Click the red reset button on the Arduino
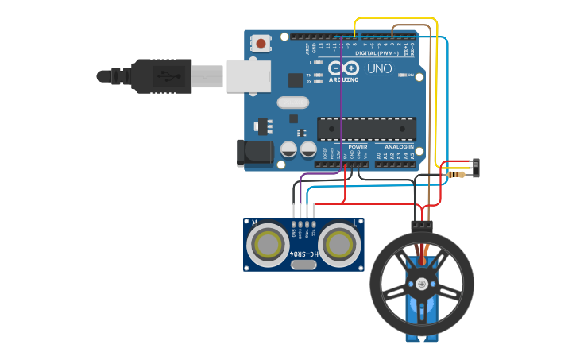click(x=261, y=43)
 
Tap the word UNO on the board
click(x=380, y=68)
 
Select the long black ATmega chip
click(x=366, y=128)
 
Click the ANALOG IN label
click(x=399, y=147)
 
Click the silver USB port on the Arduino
click(x=249, y=76)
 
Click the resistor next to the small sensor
click(x=458, y=174)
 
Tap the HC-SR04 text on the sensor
click(x=303, y=254)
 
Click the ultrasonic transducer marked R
click(x=268, y=245)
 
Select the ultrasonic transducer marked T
click(x=342, y=245)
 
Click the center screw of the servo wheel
click(x=422, y=284)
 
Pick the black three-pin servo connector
click(x=422, y=224)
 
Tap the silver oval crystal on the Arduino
click(x=292, y=103)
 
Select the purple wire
click(x=342, y=119)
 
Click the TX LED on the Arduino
click(x=318, y=75)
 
